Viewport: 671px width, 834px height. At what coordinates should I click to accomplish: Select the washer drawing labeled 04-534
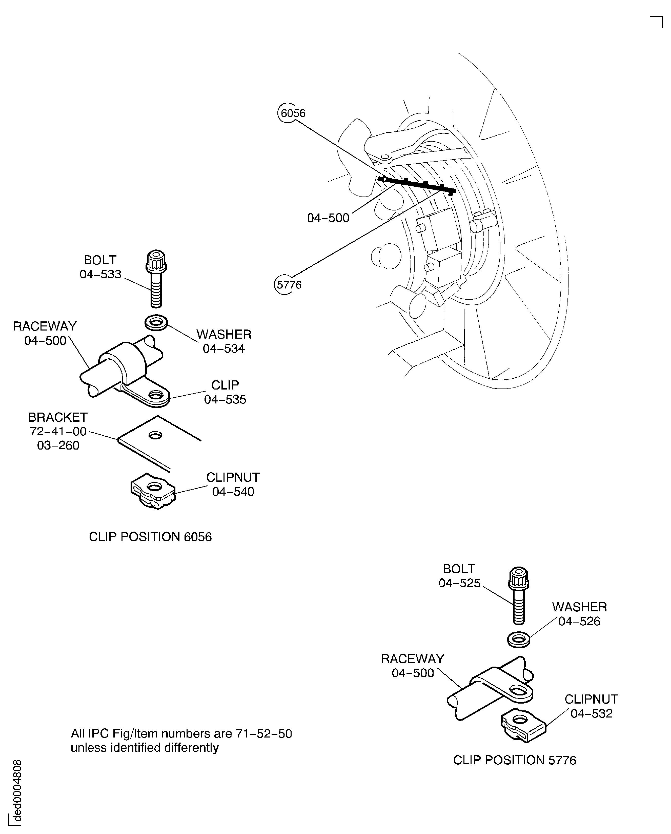156,322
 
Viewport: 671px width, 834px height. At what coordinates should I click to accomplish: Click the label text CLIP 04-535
225,392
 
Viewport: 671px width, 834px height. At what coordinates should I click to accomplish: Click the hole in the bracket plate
156,436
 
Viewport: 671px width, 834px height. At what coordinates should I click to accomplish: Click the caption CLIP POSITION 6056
150,537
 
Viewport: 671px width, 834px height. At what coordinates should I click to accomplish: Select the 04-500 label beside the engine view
328,218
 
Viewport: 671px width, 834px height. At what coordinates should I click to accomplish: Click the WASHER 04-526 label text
579,614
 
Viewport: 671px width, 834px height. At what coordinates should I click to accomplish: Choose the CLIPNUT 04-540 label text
233,484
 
